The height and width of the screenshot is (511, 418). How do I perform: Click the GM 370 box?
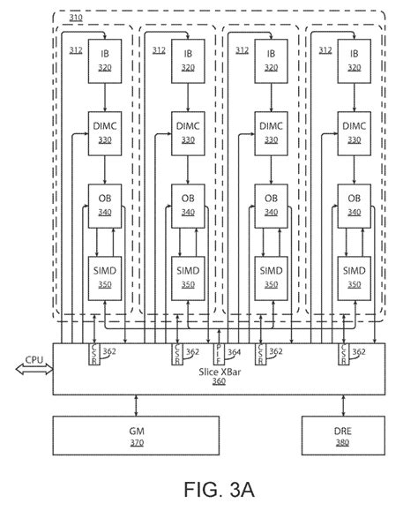click(137, 436)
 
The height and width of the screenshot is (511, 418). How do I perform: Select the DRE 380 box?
click(340, 436)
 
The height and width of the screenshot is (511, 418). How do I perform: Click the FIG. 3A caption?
click(207, 487)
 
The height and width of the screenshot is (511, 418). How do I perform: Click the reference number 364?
click(234, 353)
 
